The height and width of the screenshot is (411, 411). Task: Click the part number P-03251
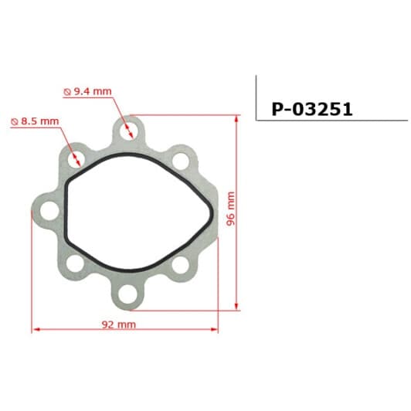(311, 109)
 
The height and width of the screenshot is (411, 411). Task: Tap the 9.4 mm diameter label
(91, 91)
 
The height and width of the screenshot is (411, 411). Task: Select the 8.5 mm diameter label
(39, 121)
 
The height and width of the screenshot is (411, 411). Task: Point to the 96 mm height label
(229, 209)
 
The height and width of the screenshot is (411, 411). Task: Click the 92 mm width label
(120, 324)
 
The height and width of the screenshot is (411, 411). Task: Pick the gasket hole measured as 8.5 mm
(77, 160)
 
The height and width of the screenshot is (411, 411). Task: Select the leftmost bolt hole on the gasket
(46, 210)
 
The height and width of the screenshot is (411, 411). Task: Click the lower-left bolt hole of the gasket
(74, 264)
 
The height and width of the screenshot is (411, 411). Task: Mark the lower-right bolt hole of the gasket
(180, 264)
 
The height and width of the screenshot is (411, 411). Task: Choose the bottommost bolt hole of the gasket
(128, 294)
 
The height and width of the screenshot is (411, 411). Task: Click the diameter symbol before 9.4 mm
(66, 92)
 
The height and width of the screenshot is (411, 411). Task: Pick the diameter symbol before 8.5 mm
(15, 122)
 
